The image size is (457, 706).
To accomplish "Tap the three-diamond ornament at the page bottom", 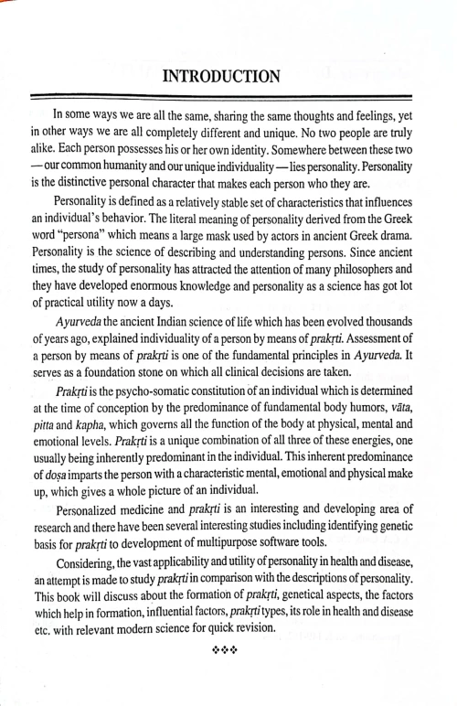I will (x=228, y=657).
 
